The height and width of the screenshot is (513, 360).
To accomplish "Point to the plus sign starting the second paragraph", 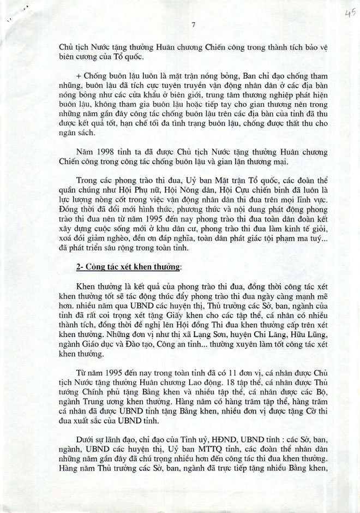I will point(80,74).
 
